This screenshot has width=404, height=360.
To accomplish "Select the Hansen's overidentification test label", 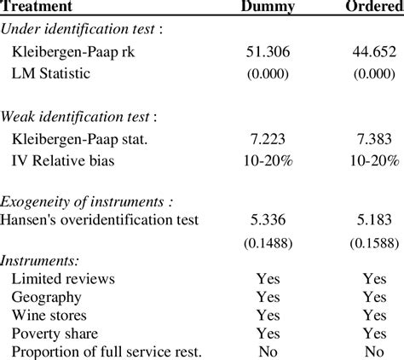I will [x=101, y=220].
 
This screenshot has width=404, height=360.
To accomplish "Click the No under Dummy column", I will [x=269, y=351].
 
